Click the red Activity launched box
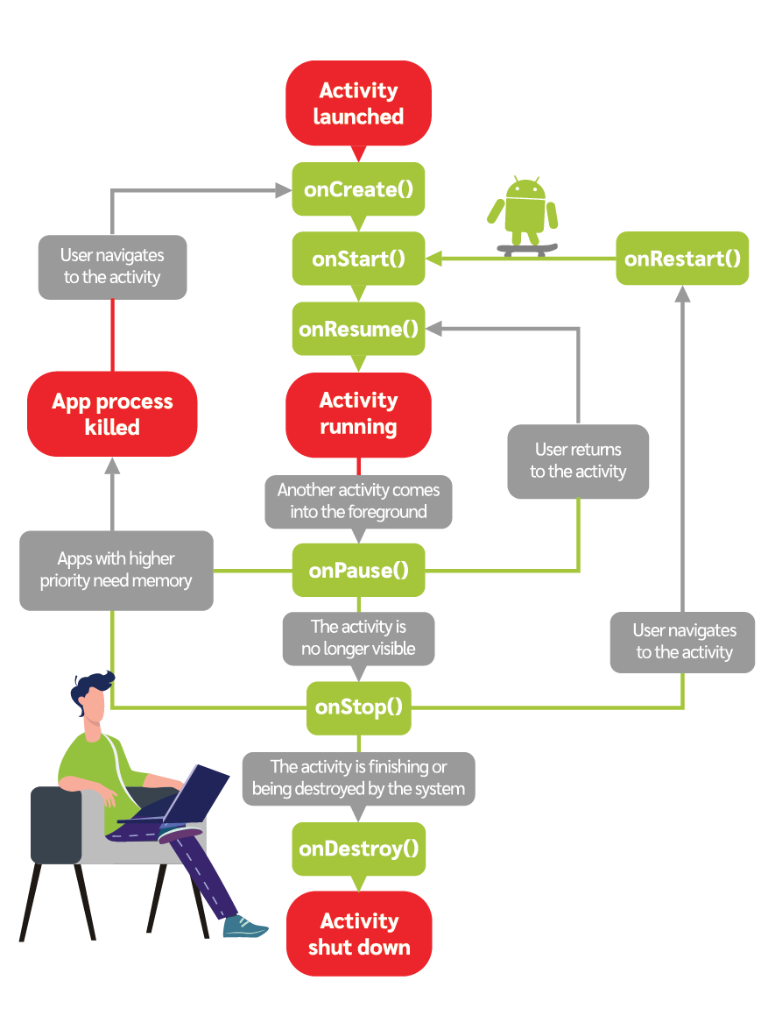tap(358, 103)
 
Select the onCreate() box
tap(358, 189)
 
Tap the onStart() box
tap(358, 259)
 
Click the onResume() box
tap(358, 329)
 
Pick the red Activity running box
tap(358, 414)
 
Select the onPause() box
tap(358, 571)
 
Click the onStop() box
tap(358, 707)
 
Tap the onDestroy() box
tap(358, 849)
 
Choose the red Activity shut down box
tap(358, 934)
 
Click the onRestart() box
tap(682, 259)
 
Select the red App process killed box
tap(112, 414)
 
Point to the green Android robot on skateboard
tap(525, 215)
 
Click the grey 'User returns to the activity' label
tap(578, 461)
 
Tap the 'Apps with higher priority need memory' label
tap(116, 570)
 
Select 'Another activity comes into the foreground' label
tap(358, 501)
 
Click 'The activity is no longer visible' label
tap(358, 638)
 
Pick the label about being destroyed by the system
tap(358, 778)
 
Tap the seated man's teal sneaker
tap(244, 926)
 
